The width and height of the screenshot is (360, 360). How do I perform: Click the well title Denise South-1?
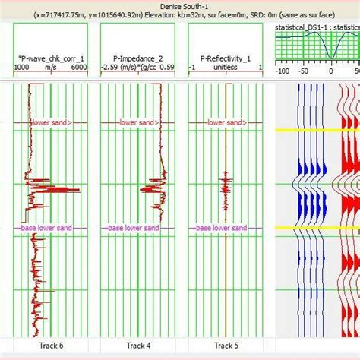point(180,5)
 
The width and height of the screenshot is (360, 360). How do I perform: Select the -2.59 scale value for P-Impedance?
point(112,67)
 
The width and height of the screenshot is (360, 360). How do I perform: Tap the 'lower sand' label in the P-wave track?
point(51,122)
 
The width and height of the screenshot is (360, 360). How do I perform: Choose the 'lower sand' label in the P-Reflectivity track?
point(226,122)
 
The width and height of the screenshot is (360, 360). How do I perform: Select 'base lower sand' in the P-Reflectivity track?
point(221,228)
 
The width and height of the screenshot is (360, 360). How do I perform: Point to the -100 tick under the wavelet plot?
point(283,71)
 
